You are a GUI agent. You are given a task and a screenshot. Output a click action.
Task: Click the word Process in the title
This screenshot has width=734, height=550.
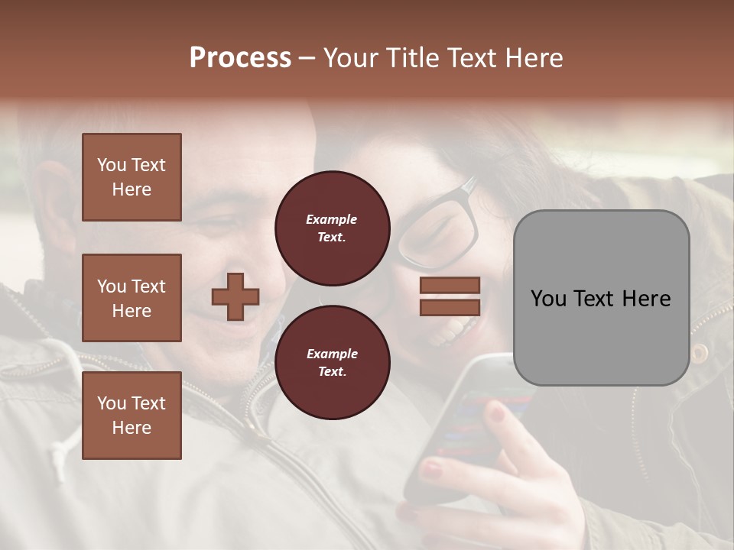click(240, 58)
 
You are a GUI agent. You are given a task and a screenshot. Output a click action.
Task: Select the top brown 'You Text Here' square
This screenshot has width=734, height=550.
click(132, 177)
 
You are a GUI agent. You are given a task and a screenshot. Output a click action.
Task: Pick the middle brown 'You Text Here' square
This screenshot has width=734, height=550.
click(132, 298)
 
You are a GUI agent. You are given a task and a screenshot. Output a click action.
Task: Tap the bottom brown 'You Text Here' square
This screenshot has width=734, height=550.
click(132, 416)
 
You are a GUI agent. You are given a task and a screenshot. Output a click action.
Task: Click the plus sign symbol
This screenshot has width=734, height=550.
click(235, 296)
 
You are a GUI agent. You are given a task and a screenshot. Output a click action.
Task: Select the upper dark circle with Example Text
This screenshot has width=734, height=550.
click(332, 228)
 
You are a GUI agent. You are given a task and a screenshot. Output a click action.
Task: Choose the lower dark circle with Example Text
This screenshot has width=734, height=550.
click(332, 362)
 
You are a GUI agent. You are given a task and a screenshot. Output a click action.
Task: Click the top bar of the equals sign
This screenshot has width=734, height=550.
click(450, 285)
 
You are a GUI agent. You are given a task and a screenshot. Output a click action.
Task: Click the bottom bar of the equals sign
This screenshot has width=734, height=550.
click(450, 307)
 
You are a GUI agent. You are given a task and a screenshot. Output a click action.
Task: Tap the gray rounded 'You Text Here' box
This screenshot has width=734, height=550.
click(601, 298)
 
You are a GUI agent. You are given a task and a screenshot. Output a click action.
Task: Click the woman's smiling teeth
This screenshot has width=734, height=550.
click(451, 331)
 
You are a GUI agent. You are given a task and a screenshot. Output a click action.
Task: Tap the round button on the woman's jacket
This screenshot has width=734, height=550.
click(699, 352)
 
